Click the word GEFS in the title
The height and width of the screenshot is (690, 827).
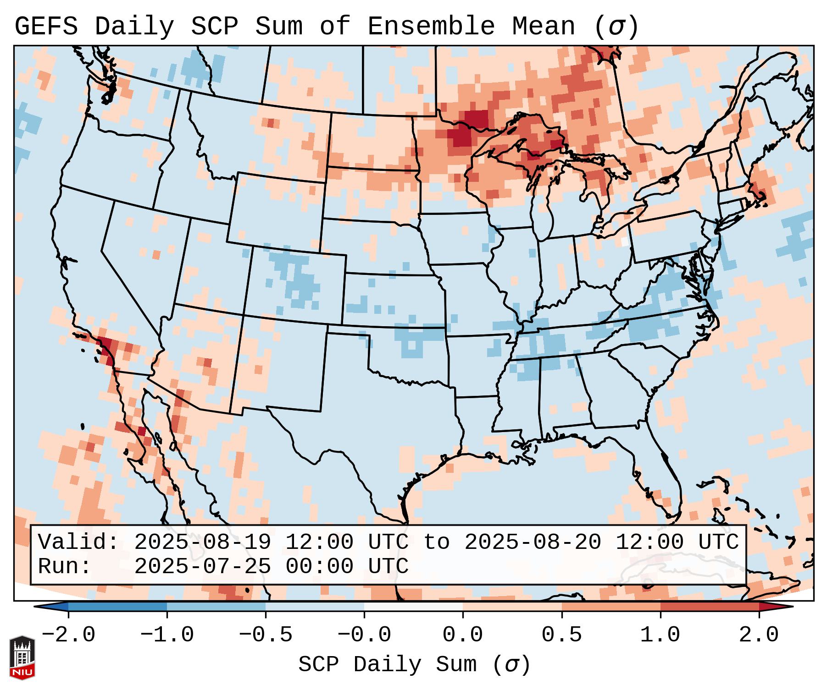pyautogui.click(x=46, y=27)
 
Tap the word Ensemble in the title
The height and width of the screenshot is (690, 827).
pyautogui.click(x=431, y=27)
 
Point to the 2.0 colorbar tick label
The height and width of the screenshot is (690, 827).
pyautogui.click(x=759, y=635)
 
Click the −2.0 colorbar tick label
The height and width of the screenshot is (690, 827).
pyautogui.click(x=68, y=635)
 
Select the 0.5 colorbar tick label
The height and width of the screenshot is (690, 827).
pyautogui.click(x=561, y=635)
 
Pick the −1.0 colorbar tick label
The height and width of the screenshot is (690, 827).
pyautogui.click(x=167, y=635)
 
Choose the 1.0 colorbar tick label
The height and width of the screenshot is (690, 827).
pyautogui.click(x=660, y=635)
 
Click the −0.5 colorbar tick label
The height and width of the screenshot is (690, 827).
pyautogui.click(x=266, y=635)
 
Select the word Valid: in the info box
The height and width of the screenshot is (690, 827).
pyautogui.click(x=78, y=542)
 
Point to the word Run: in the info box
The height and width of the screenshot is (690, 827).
pyautogui.click(x=64, y=566)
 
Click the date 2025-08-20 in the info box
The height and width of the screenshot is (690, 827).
pyautogui.click(x=533, y=542)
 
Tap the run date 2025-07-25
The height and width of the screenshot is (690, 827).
pyautogui.click(x=202, y=566)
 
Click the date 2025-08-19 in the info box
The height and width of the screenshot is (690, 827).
pyautogui.click(x=202, y=542)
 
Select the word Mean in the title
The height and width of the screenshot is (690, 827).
pyautogui.click(x=544, y=27)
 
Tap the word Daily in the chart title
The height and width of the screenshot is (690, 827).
pyautogui.click(x=134, y=27)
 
